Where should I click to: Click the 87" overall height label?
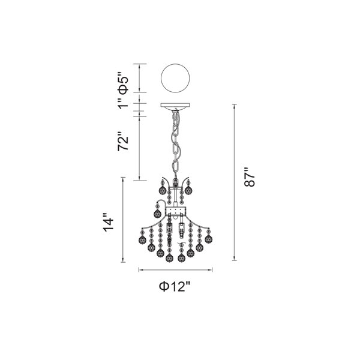pos(250,177)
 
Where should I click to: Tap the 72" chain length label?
pos(123,141)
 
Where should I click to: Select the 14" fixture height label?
pos(108,223)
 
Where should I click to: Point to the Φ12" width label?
pos(175,286)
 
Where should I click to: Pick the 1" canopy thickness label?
pos(123,104)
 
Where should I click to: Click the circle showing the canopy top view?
pos(175,78)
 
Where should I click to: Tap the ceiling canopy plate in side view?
pos(175,106)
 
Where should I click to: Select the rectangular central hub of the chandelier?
pos(176,211)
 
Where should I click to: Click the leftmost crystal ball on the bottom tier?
pos(142,240)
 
